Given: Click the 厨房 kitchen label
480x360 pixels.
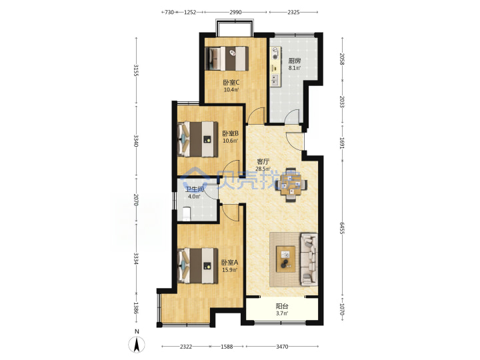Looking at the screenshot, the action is click(294, 61).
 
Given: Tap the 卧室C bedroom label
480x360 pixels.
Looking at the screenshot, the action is click(231, 83).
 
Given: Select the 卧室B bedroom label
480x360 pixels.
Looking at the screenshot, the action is click(230, 133).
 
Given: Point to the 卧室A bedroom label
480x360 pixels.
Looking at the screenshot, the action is click(229, 263).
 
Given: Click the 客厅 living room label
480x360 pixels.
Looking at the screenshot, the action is click(263, 161).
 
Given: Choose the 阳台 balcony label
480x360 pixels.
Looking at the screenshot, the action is click(282, 306).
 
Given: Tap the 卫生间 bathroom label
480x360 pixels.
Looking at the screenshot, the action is click(195, 189).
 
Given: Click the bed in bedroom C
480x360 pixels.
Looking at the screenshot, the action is click(227, 59).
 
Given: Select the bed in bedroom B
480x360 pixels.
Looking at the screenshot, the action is click(198, 139).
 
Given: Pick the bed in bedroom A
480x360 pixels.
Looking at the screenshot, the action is click(198, 266).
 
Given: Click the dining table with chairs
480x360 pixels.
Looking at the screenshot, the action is click(291, 185).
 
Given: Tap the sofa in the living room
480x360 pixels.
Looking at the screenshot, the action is click(309, 259).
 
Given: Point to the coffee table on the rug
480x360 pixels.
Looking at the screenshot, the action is click(285, 259).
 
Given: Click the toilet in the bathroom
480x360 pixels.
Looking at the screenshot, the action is click(187, 214).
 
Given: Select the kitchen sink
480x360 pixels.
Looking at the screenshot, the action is click(275, 80).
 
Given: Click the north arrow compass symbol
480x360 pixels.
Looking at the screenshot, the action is click(137, 344).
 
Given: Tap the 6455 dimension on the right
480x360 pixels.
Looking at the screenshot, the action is click(342, 227).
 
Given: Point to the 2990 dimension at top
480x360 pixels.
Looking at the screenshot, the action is click(235, 12).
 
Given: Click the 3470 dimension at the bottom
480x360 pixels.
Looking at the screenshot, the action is click(282, 347).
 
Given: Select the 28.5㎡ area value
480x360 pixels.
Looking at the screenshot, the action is click(263, 169).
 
